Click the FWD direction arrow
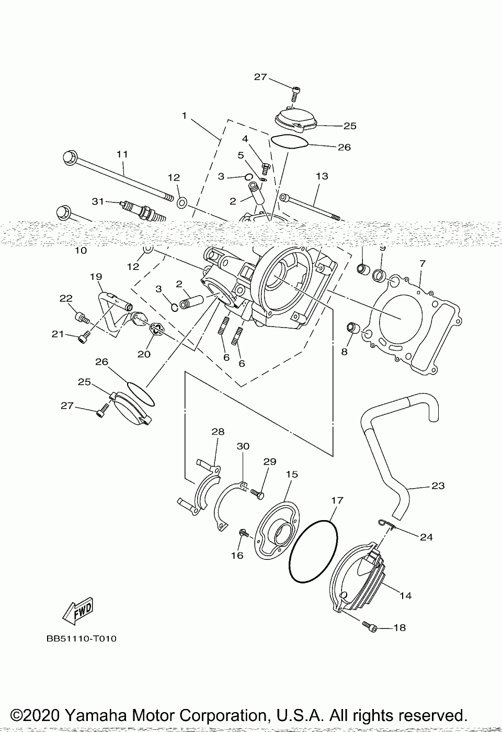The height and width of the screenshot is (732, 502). (x=77, y=610)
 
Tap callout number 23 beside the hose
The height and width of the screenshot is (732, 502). (x=438, y=486)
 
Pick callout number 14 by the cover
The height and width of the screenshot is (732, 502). (x=405, y=595)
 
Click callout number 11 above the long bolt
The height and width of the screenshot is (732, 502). (x=122, y=154)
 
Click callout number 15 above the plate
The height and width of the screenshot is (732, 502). (x=292, y=474)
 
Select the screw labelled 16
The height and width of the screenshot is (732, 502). (x=243, y=533)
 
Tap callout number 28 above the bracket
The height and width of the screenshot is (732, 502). (x=218, y=432)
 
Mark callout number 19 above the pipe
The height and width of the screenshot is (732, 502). (x=96, y=276)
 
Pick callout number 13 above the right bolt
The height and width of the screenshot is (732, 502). (x=322, y=176)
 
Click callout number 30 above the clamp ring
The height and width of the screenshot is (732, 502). (x=243, y=446)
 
